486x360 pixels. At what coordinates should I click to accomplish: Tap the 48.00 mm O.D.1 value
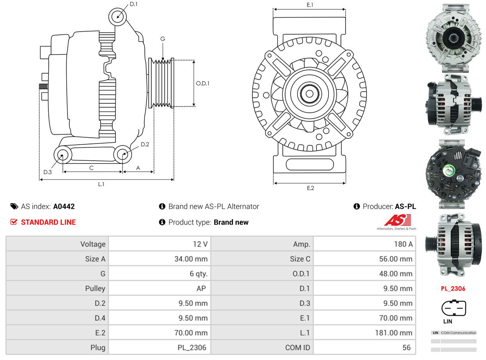(396, 274)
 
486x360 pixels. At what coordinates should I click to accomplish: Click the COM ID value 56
(406, 348)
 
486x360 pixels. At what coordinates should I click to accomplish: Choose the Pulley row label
(95, 289)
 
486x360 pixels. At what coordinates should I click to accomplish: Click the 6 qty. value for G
(199, 274)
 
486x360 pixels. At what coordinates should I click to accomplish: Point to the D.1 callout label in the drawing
(133, 4)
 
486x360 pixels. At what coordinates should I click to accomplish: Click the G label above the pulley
(163, 39)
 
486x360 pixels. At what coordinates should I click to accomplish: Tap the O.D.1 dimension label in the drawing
(202, 83)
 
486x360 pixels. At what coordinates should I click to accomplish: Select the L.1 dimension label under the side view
(101, 184)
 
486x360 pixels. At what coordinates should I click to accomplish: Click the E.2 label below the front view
(310, 188)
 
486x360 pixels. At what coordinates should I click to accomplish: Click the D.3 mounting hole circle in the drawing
(62, 156)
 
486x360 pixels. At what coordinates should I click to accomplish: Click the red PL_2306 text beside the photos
(453, 289)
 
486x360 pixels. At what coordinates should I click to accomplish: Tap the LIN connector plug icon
(454, 308)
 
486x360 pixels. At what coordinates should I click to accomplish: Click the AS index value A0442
(64, 206)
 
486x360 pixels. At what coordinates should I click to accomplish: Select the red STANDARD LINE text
(48, 222)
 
